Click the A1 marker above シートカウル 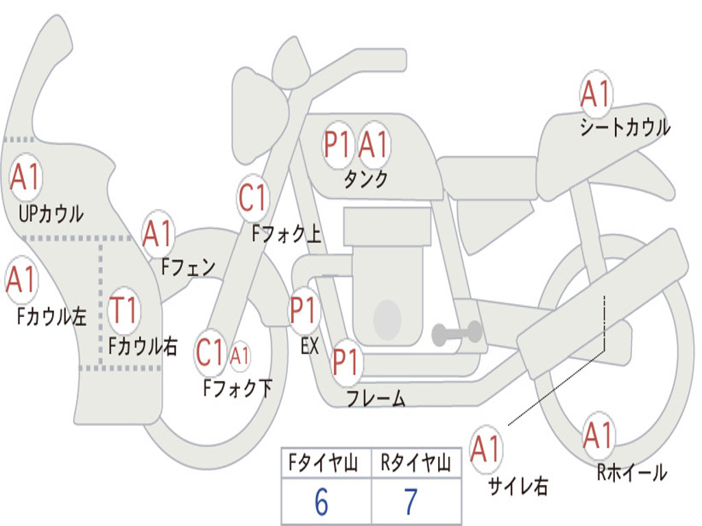(596, 94)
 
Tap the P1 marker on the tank (337, 145)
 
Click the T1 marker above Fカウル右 (123, 310)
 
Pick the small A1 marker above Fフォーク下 (239, 356)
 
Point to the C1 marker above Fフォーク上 (253, 198)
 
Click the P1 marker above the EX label (304, 310)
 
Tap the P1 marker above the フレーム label (346, 362)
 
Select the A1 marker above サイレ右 (486, 449)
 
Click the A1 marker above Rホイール (598, 436)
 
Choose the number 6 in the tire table (322, 502)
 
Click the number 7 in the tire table (411, 502)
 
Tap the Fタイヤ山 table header (324, 462)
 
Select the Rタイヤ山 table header (415, 462)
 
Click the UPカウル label (51, 214)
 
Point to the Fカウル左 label (51, 316)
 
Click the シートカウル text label (625, 127)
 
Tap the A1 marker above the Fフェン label (157, 234)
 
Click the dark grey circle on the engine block (387, 319)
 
